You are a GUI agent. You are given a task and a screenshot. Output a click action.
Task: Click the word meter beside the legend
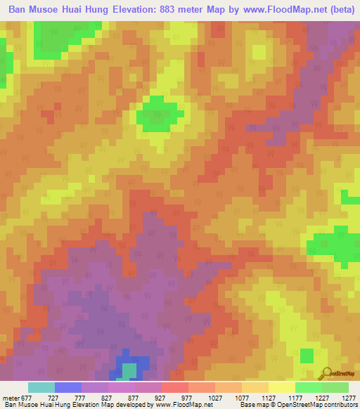(10, 397)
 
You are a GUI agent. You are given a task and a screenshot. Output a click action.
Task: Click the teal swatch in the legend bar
(41, 387)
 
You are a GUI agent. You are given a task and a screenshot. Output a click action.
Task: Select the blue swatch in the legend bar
(68, 387)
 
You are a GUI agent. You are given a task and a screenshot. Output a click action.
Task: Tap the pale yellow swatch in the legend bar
(281, 387)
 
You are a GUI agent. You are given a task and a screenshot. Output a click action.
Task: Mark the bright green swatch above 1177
(308, 387)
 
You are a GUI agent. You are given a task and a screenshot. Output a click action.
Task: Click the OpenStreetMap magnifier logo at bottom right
(326, 373)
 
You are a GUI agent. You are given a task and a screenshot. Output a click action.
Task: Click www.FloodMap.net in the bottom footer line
(179, 405)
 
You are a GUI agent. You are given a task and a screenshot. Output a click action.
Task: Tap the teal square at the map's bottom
(129, 370)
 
